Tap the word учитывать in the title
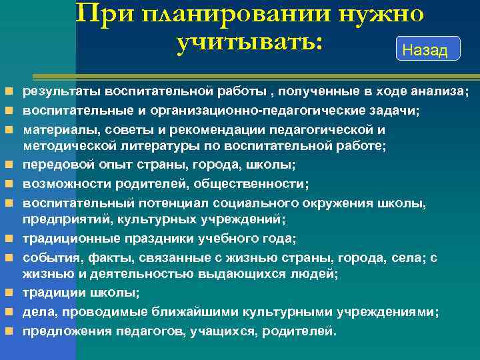point(249,42)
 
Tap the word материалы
point(57,129)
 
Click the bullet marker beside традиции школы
point(8,293)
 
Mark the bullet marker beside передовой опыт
point(8,165)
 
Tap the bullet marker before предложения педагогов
point(8,331)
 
